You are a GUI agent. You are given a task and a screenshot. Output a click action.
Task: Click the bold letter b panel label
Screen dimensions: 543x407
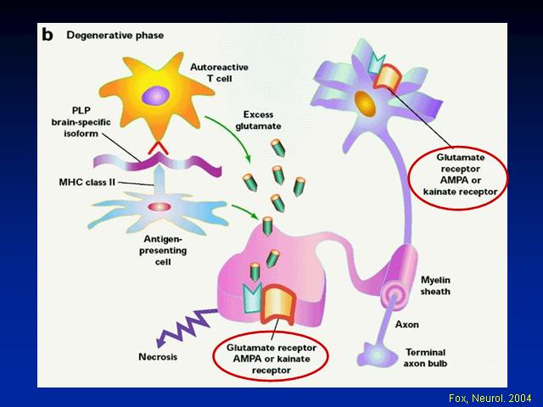click(x=48, y=34)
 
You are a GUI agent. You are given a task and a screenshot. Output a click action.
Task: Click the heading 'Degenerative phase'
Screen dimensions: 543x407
click(x=115, y=36)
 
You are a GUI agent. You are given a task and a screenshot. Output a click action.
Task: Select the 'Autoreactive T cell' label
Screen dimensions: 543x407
click(x=219, y=73)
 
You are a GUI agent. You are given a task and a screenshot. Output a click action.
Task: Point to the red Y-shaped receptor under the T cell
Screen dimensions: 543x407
click(x=159, y=148)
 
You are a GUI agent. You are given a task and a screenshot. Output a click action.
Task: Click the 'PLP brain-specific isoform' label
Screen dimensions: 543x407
click(x=81, y=122)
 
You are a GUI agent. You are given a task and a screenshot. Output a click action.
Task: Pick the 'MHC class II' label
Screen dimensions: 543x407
click(x=87, y=182)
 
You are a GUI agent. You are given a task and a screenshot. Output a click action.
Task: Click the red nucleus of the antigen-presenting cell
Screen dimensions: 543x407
click(x=160, y=207)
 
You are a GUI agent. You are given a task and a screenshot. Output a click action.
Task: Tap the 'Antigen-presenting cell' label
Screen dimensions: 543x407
click(x=163, y=250)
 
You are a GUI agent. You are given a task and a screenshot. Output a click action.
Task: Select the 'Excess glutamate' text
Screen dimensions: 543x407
click(x=258, y=120)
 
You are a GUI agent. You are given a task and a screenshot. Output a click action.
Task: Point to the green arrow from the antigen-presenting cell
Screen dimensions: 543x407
click(x=245, y=211)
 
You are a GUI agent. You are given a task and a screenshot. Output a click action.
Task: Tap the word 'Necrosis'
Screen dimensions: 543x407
click(x=158, y=357)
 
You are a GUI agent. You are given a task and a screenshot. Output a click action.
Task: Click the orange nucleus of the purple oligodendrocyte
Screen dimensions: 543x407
click(x=365, y=103)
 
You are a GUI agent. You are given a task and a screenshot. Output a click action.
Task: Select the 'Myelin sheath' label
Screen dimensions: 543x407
click(x=435, y=286)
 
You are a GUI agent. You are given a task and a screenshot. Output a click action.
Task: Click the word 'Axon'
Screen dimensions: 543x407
click(x=407, y=325)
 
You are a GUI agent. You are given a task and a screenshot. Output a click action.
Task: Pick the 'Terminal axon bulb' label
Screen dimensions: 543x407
click(x=425, y=358)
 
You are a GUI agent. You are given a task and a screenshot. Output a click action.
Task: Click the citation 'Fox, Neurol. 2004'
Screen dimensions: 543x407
click(x=490, y=398)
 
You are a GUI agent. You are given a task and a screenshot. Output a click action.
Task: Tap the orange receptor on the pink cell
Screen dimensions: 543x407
click(x=279, y=304)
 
